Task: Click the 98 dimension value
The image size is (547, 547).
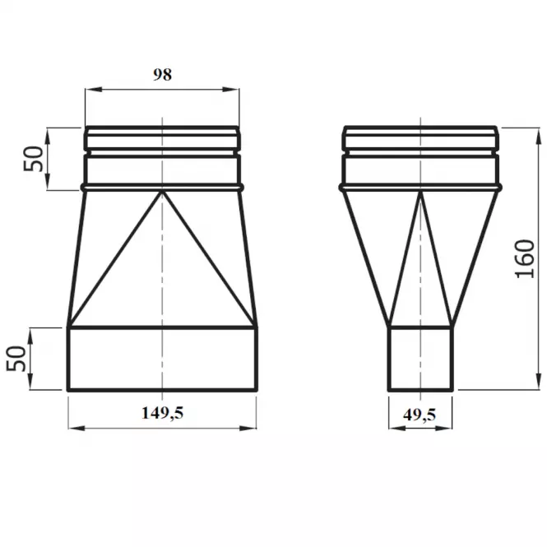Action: point(163,75)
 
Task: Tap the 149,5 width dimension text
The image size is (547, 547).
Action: point(162,413)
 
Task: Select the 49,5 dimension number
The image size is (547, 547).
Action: point(420,415)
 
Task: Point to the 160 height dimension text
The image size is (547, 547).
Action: point(526,259)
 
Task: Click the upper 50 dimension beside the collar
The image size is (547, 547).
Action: point(34,159)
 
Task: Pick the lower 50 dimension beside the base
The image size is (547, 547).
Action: point(16,359)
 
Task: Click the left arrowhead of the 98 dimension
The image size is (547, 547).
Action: point(94,90)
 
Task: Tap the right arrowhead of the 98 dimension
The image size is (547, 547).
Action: point(231,90)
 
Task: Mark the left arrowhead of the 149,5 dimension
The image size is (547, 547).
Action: point(77,428)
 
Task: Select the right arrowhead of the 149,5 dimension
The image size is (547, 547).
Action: point(248,428)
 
